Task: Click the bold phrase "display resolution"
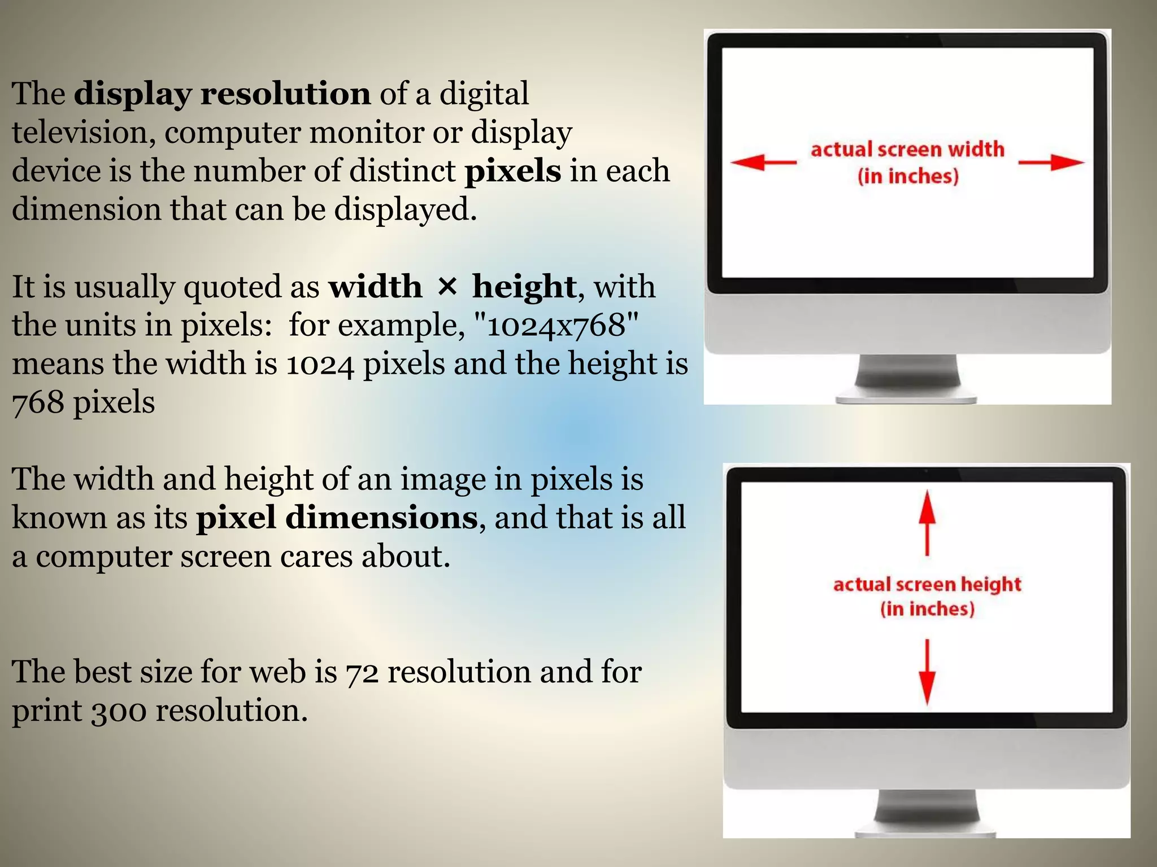(222, 94)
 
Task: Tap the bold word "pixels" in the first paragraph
(512, 170)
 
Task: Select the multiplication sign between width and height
(447, 286)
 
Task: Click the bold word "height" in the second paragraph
(524, 287)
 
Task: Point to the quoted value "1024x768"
(556, 325)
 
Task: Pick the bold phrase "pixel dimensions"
(337, 518)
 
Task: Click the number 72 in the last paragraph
(362, 673)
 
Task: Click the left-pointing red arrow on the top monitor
(763, 163)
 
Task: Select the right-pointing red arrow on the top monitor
(1051, 163)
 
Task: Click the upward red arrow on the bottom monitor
(927, 522)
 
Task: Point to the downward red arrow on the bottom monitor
(927, 672)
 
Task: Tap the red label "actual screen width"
(907, 150)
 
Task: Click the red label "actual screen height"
(927, 584)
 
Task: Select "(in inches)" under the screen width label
(908, 176)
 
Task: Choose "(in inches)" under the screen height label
(927, 609)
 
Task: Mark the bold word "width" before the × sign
(375, 287)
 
